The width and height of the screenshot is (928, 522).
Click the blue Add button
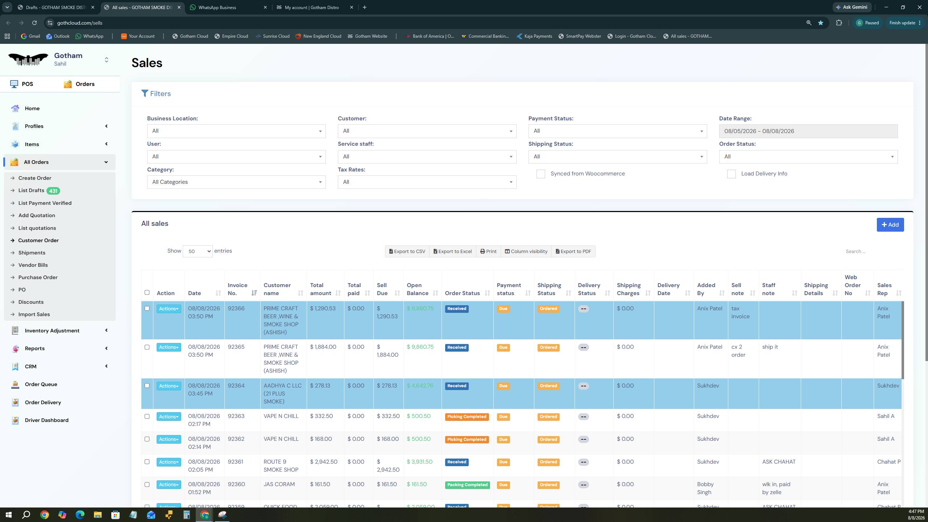(x=890, y=225)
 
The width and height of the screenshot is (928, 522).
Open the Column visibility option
(x=526, y=251)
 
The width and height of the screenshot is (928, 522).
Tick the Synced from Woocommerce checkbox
(x=540, y=174)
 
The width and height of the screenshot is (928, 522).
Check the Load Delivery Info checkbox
(x=731, y=174)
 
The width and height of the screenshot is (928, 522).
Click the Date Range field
(x=808, y=131)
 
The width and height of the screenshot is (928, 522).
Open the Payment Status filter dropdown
(x=617, y=131)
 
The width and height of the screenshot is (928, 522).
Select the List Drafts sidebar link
(x=31, y=190)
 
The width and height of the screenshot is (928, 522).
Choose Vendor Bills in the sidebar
(x=33, y=265)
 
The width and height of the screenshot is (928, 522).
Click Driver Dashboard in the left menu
(x=46, y=420)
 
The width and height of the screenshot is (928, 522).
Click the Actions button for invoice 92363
(x=169, y=417)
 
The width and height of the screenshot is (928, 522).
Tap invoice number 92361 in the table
(x=235, y=462)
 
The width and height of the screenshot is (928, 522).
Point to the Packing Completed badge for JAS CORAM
(x=467, y=485)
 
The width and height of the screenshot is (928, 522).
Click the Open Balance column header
(x=418, y=289)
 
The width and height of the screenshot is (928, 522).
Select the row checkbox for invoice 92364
(x=147, y=386)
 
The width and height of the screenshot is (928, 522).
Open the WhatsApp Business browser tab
(x=229, y=7)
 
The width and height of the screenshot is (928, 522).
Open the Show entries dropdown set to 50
(x=198, y=251)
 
